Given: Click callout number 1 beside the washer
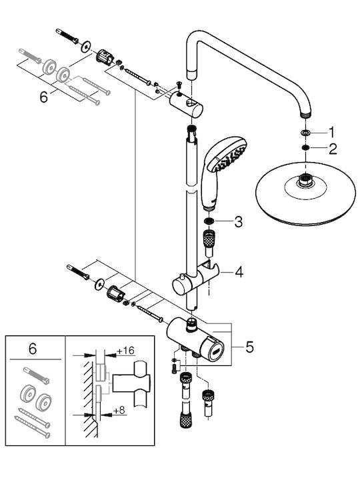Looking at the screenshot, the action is (331, 132).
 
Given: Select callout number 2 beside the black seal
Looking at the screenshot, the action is (333, 149).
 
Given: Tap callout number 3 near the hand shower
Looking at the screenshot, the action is (238, 221).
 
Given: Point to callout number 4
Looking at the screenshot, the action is (239, 272).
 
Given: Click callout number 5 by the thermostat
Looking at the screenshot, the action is (250, 347).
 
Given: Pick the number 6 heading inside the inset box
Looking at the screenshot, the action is (33, 349).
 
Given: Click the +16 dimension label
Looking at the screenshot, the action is (126, 351).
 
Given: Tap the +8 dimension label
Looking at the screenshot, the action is (119, 410).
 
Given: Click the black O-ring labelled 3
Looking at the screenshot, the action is (210, 221).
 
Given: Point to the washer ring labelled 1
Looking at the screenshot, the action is (305, 133).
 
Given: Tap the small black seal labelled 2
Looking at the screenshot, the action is (305, 148).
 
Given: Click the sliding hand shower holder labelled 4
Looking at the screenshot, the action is (196, 277).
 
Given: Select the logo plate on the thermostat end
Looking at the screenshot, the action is (217, 349).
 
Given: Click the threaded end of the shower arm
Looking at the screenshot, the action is (305, 115).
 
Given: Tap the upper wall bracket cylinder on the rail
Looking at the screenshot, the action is (186, 105).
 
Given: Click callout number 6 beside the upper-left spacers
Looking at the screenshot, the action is (44, 97).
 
